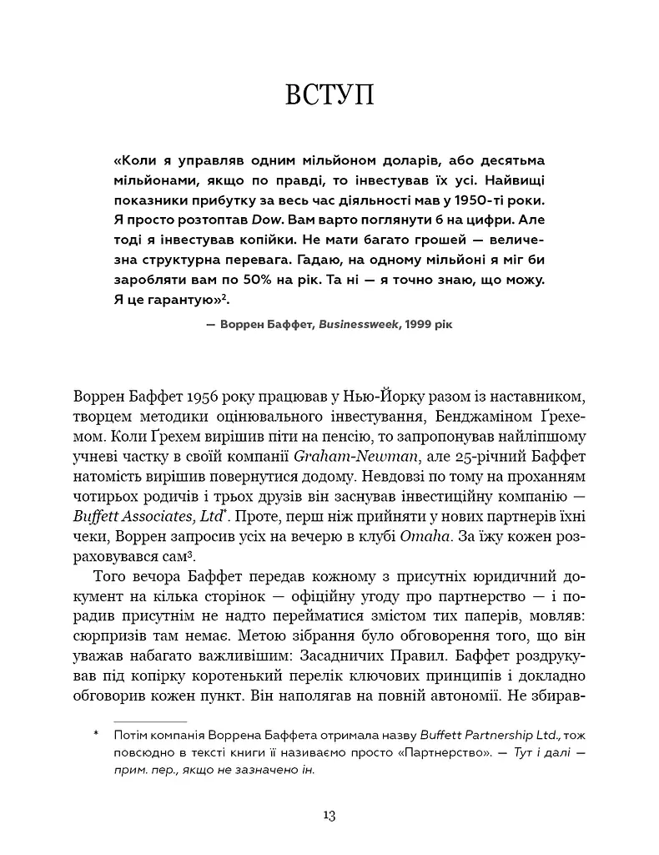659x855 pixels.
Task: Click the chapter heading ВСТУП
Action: pyautogui.click(x=329, y=94)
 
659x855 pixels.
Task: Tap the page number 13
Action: pyautogui.click(x=329, y=815)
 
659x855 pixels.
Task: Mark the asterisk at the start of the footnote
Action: pyautogui.click(x=97, y=735)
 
